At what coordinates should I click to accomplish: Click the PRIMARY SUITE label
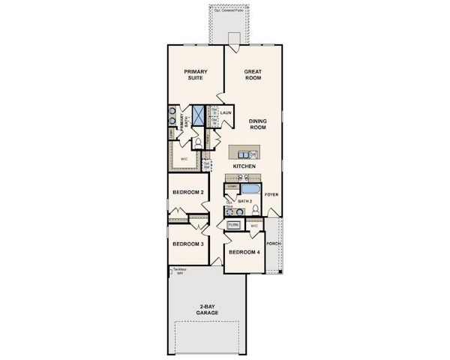[196, 75]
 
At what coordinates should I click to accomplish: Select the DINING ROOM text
[258, 124]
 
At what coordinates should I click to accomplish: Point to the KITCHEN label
[244, 165]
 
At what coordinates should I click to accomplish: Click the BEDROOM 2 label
[188, 193]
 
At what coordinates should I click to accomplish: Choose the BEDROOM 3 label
[187, 244]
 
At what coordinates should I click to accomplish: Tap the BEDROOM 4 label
[244, 252]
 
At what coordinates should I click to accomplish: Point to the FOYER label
[271, 194]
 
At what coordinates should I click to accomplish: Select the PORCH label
[272, 243]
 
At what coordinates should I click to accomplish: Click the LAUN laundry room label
[226, 113]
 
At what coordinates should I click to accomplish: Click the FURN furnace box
[233, 224]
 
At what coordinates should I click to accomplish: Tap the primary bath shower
[199, 115]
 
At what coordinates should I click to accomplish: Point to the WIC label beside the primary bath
[184, 159]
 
